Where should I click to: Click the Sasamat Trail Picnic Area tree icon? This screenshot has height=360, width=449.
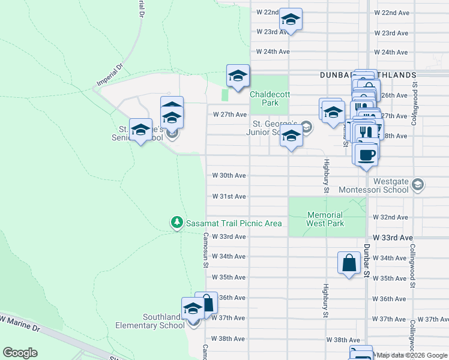176,223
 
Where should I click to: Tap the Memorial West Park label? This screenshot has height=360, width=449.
325,219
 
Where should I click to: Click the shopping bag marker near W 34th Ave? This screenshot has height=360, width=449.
349,263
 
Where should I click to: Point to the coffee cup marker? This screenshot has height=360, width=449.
366,155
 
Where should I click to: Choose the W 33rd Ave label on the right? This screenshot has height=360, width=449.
390,238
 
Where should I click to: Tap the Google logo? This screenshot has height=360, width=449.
20,353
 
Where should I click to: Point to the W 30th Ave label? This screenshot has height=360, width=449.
229,176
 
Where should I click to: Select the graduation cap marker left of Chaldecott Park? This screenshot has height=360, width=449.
238,76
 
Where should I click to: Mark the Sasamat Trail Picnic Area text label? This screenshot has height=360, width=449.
234,223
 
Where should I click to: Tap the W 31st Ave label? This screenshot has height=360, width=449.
229,196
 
